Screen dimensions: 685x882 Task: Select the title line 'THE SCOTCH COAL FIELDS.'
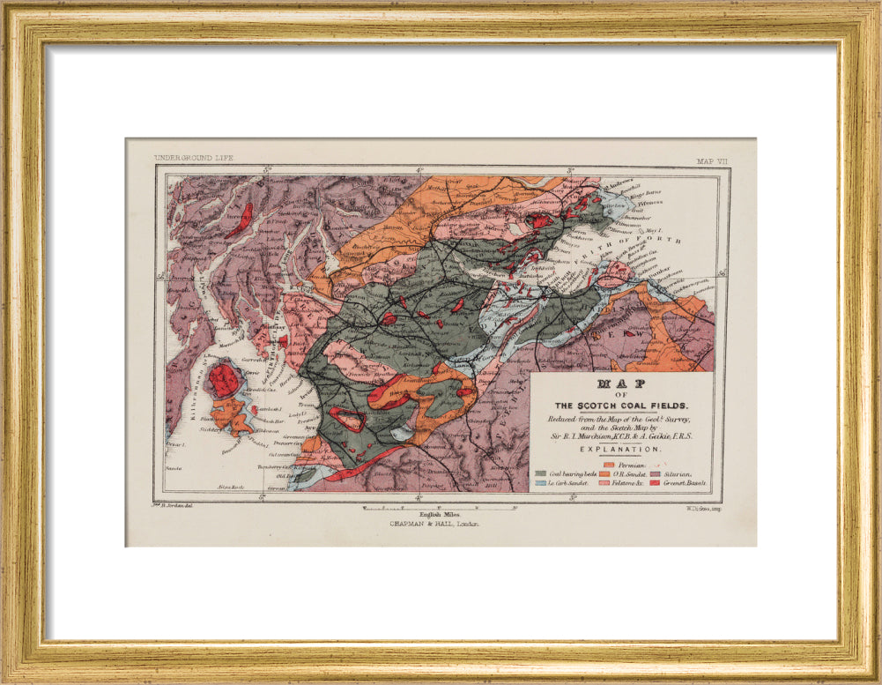(x=621, y=405)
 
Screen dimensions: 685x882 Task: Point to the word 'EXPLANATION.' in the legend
(x=621, y=449)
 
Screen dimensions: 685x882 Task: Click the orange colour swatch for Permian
(x=608, y=464)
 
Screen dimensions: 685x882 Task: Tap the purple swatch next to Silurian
(x=655, y=473)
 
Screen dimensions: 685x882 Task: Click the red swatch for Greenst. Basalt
(x=655, y=483)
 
